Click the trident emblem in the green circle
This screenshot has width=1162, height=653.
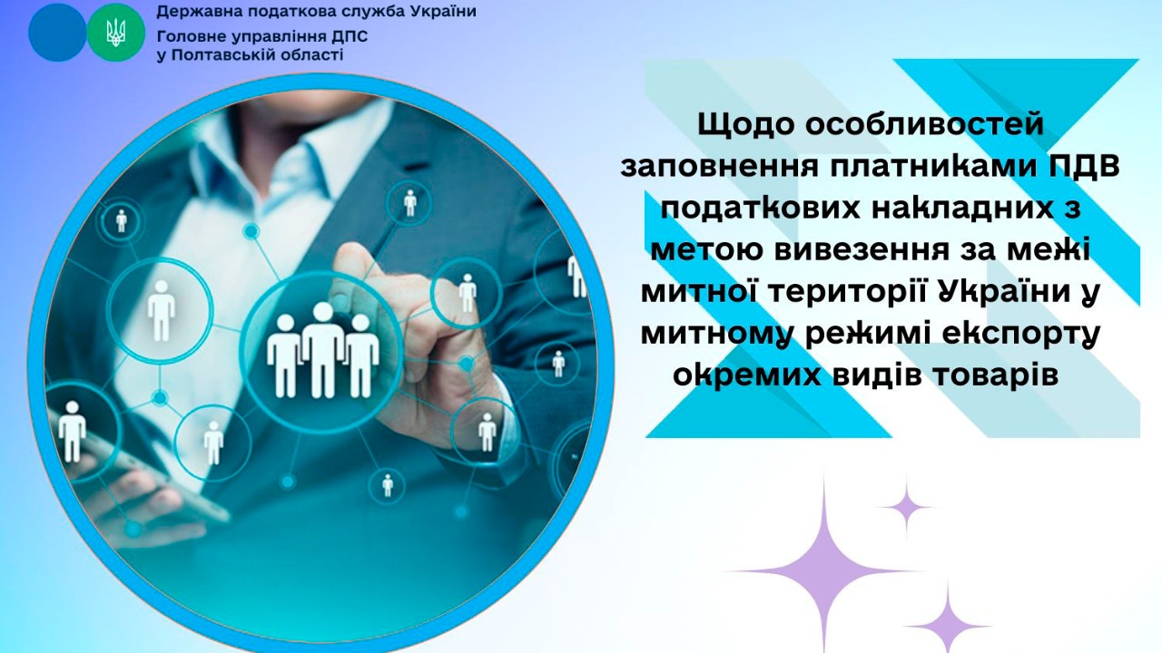(115, 34)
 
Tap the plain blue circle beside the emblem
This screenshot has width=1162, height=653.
(57, 33)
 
